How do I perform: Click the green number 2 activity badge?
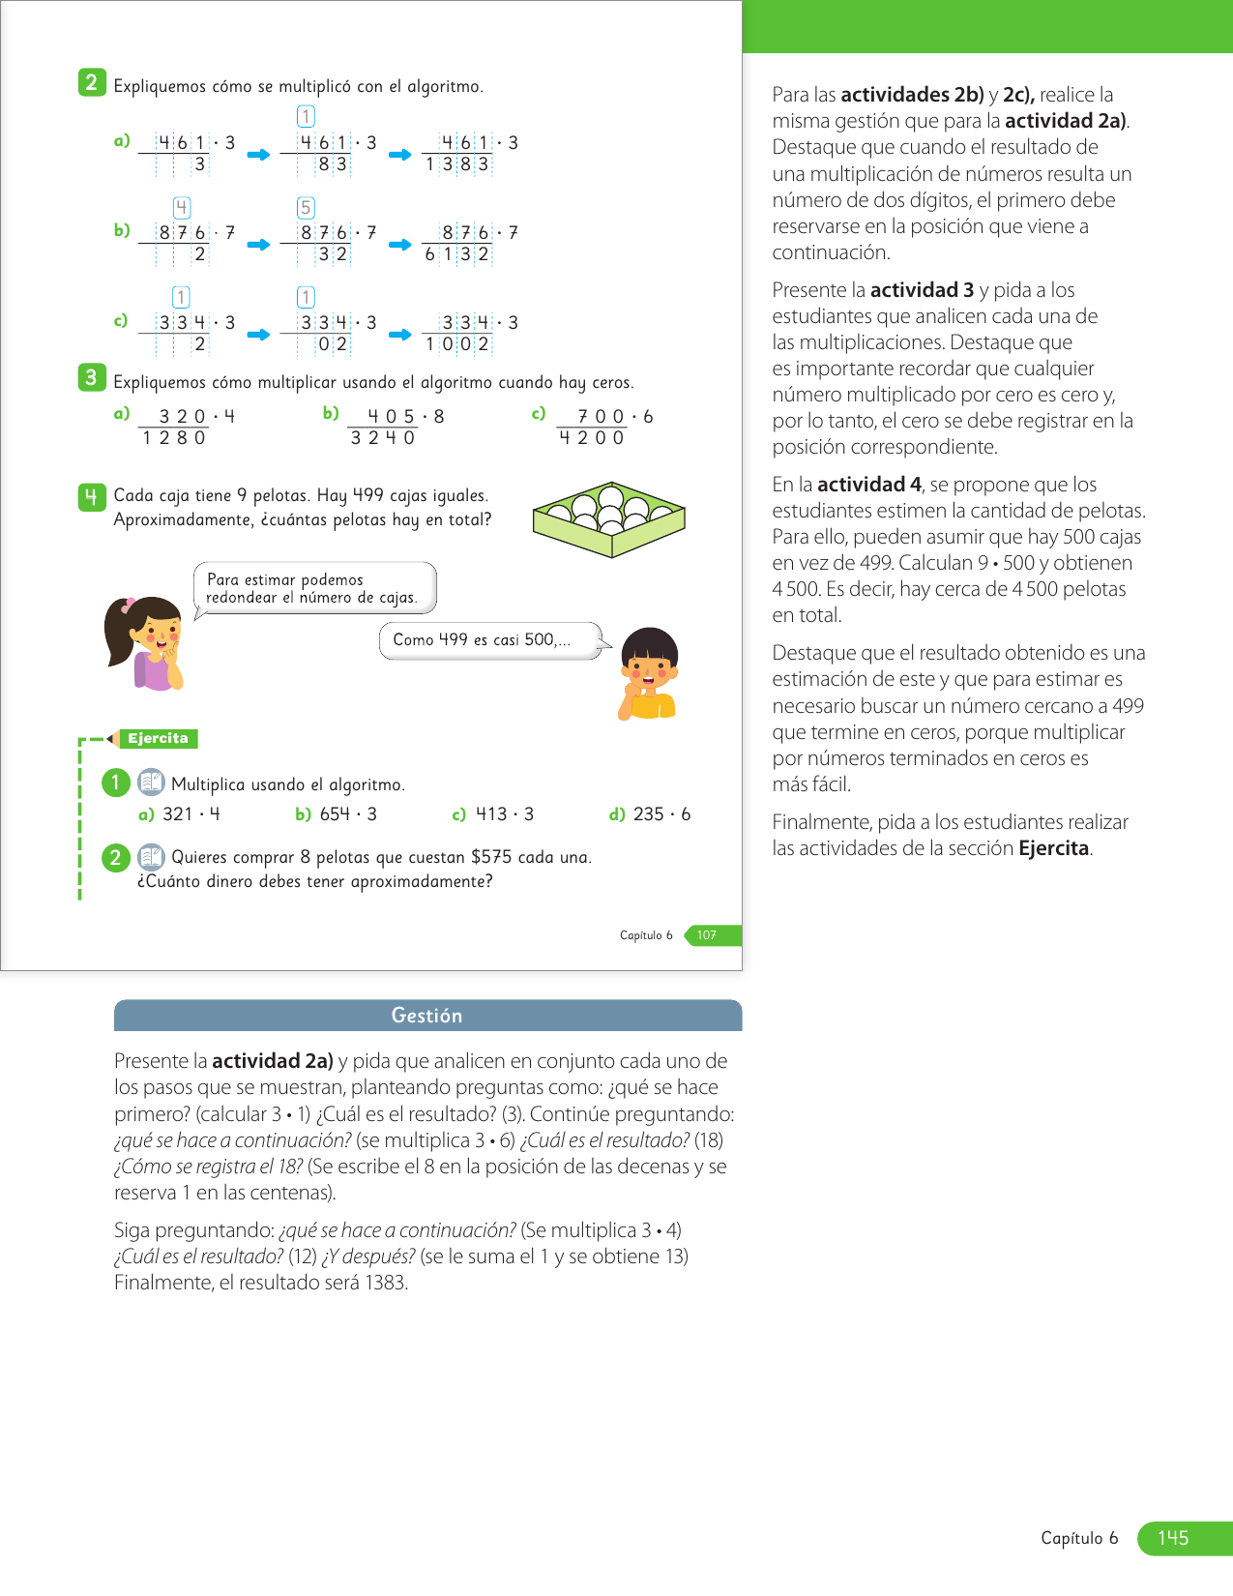point(91,83)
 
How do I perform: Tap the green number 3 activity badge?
point(91,378)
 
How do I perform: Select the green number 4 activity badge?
point(91,497)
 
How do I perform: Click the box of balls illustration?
point(608,519)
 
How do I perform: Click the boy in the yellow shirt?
point(648,673)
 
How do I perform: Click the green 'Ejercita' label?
point(158,739)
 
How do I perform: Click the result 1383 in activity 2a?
point(457,165)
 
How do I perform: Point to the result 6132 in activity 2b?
point(457,254)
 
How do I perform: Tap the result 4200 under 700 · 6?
point(592,438)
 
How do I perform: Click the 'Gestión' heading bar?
point(427,1016)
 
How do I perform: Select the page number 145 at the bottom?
point(1173,1538)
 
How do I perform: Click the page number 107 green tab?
point(707,935)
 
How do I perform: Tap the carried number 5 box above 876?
point(306,208)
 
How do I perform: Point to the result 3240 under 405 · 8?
point(383,438)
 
